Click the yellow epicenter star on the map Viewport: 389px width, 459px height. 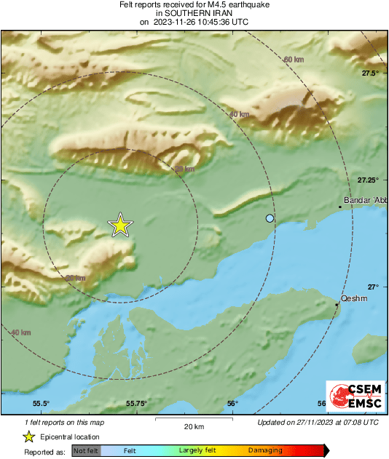pos(120,225)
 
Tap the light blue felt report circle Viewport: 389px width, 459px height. pos(270,218)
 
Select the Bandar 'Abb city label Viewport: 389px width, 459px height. pos(364,200)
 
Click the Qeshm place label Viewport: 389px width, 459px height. pos(353,298)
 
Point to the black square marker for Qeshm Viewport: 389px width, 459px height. pos(337,304)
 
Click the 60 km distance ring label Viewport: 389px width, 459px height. pos(294,59)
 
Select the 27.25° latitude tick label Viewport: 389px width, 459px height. pos(369,180)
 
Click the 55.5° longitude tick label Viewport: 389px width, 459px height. pos(42,403)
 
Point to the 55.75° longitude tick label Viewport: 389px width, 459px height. pos(136,403)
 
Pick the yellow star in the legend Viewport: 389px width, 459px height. pos(28,436)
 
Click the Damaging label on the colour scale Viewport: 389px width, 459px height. pos(264,451)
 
